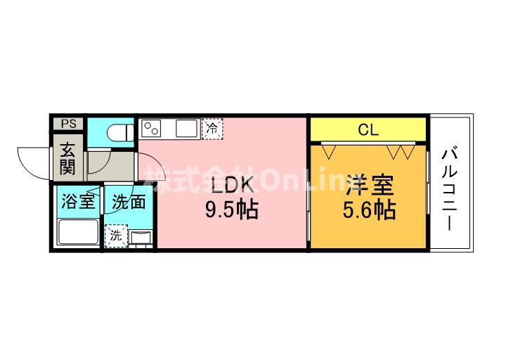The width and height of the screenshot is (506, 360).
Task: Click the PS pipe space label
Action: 69,124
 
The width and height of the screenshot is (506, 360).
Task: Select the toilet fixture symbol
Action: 120,133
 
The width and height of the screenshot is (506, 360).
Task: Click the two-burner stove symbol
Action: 152,129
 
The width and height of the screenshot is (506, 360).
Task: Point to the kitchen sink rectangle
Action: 186,128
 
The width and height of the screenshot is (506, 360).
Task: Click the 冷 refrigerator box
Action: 212,129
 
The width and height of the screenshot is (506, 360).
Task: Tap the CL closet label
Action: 368,130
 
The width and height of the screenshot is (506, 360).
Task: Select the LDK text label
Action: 231,185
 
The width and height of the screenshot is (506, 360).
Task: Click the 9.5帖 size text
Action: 232,210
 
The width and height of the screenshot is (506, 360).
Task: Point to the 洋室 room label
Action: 370,186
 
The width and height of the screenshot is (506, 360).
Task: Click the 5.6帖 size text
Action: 369,210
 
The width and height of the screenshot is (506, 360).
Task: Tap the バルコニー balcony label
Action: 450,189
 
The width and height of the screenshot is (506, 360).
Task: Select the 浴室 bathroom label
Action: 78,202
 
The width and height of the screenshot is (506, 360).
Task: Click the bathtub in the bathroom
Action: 78,232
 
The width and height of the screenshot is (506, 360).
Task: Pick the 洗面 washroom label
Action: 129,202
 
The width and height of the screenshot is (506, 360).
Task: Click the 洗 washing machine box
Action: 116,236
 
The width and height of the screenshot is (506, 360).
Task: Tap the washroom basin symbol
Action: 141,238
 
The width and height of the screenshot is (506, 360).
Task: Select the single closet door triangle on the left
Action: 329,152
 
